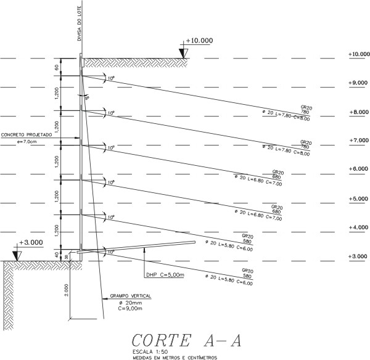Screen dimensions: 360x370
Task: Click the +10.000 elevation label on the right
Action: click(x=358, y=55)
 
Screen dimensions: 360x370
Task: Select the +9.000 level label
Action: click(x=358, y=83)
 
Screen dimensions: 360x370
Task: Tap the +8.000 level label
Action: click(x=358, y=113)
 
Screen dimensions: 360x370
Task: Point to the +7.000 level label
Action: click(x=358, y=141)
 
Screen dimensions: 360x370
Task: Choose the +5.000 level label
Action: click(x=358, y=200)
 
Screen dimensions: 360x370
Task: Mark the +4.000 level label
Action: click(x=358, y=228)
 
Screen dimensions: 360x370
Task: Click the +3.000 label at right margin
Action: click(x=358, y=256)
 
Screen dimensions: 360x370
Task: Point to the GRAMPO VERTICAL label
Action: click(x=130, y=296)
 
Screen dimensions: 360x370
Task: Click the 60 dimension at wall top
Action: click(x=56, y=67)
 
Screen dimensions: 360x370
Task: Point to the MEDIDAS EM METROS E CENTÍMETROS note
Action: click(x=175, y=357)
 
